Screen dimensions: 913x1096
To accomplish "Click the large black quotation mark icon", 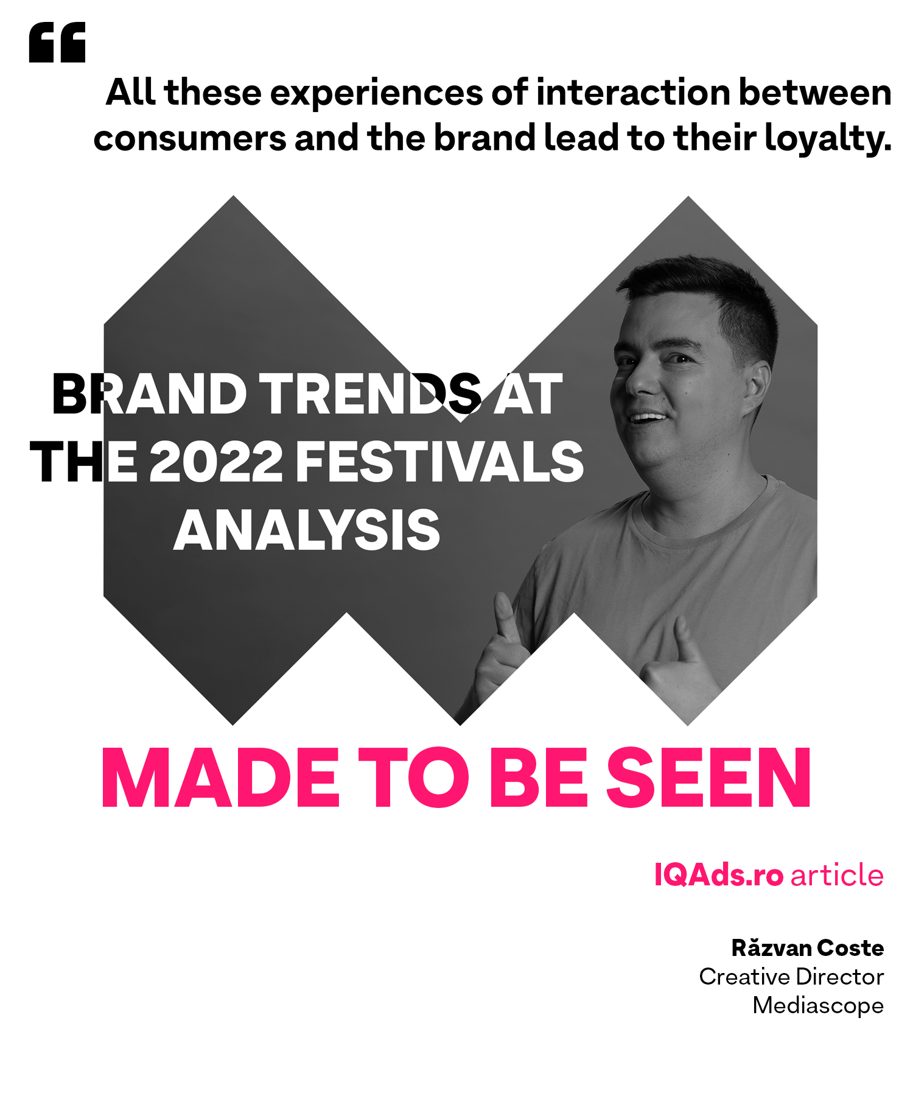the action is point(57,43).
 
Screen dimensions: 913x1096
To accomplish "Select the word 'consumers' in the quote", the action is point(190,139).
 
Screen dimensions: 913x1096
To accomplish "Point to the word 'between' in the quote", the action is point(816,93).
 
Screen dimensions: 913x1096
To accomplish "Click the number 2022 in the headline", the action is point(216,462).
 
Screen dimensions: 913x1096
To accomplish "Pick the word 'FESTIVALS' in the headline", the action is point(440,462).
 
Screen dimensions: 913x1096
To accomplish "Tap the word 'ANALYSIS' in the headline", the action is point(307,530).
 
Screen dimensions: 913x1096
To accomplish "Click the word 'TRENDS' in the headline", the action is point(371,394).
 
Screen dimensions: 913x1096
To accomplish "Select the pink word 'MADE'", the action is point(220,778).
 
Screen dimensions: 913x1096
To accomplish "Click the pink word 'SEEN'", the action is point(708,778).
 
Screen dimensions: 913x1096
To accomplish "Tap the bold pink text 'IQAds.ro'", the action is point(718,876).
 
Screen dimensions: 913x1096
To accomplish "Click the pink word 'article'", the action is point(837,876).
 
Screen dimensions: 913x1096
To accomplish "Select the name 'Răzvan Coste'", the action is point(808,948).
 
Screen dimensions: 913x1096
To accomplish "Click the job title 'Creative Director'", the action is point(791,977).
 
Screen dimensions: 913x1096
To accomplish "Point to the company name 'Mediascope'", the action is point(818,1005).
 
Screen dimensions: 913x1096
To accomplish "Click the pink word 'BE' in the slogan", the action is point(538,778).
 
